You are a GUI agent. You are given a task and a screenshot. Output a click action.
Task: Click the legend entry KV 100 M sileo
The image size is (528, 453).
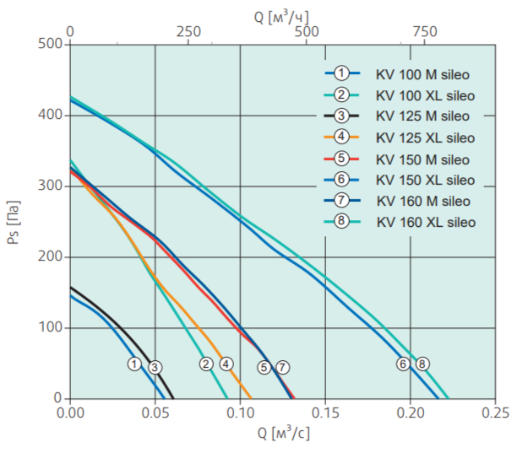pyautogui.click(x=422, y=74)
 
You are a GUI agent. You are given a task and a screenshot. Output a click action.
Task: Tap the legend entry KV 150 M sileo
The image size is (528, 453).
pyautogui.click(x=422, y=159)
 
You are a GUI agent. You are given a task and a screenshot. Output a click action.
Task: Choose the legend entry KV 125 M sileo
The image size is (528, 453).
pyautogui.click(x=422, y=116)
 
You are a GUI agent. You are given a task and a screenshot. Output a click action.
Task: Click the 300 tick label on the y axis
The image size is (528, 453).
pyautogui.click(x=50, y=186)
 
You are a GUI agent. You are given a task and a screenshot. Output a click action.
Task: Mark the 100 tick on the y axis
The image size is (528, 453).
pyautogui.click(x=50, y=327)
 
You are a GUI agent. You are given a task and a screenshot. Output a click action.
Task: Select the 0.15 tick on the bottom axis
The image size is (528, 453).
pyautogui.click(x=325, y=413)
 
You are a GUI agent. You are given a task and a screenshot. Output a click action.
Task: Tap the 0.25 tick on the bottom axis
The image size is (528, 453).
pyautogui.click(x=495, y=413)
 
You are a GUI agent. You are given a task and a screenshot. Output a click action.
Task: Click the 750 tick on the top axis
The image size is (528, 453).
pyautogui.click(x=424, y=31)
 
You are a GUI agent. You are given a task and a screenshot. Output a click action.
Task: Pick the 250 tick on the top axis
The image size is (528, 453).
pyautogui.click(x=188, y=31)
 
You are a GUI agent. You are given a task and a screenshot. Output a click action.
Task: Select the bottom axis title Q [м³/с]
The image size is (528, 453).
pyautogui.click(x=282, y=435)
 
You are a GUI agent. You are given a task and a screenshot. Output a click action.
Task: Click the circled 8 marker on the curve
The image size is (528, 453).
pyautogui.click(x=422, y=364)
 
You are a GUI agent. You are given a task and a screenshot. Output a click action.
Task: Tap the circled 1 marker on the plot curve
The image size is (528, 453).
pyautogui.click(x=134, y=364)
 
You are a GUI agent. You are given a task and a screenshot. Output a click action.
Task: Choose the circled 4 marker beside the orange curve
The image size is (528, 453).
pyautogui.click(x=226, y=364)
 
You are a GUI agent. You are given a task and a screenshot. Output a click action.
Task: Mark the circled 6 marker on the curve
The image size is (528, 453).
pyautogui.click(x=403, y=364)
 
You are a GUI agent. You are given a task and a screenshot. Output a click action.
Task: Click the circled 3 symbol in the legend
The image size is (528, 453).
pyautogui.click(x=341, y=116)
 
